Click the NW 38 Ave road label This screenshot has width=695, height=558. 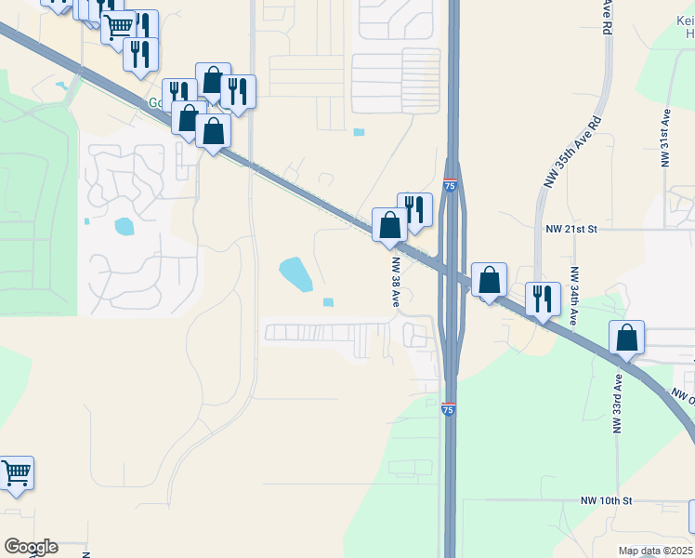[x=395, y=283]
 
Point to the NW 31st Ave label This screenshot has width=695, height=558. [x=666, y=138]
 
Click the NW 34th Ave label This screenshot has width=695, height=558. [x=574, y=297]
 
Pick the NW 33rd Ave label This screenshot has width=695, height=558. [x=616, y=404]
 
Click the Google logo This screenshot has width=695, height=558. [x=31, y=547]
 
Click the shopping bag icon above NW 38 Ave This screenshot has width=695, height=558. [x=389, y=225]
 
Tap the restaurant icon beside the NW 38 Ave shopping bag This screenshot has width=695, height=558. [x=414, y=210]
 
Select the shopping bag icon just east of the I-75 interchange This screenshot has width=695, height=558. [x=489, y=280]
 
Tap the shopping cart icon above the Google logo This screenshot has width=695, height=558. [x=16, y=473]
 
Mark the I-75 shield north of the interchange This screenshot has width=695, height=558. [x=450, y=186]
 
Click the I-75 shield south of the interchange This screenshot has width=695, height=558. [x=448, y=408]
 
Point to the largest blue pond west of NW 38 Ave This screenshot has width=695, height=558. [x=295, y=274]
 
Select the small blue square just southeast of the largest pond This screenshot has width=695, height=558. [x=328, y=301]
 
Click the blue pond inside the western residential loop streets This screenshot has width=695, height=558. [x=124, y=226]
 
